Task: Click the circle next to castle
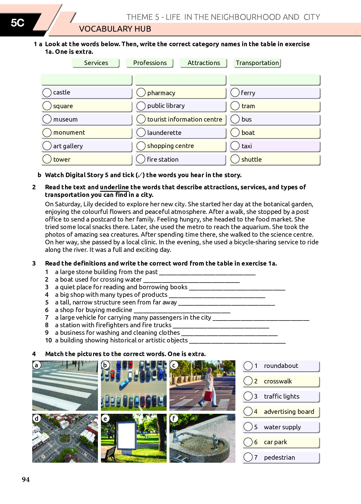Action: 47,92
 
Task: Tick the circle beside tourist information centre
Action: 141,119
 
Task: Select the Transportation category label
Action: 257,63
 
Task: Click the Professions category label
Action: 150,63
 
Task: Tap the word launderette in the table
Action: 164,133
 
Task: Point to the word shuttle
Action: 252,159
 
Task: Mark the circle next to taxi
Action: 235,146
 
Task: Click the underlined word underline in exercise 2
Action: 114,187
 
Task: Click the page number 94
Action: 26,479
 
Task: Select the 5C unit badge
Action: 18,23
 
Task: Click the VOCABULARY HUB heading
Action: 115,29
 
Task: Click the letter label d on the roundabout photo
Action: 37,418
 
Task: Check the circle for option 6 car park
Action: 248,442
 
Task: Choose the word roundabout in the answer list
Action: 281,366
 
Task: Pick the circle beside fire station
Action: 141,159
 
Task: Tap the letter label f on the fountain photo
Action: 174,418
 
